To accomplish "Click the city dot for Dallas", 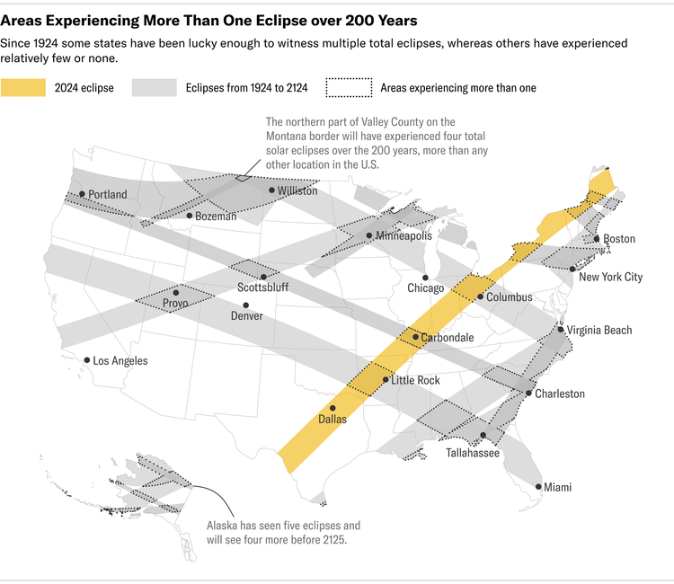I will (333, 408).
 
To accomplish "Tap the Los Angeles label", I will (120, 361).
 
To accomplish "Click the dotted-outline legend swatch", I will (348, 87).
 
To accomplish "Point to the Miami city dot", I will (539, 487).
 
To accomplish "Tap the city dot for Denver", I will (246, 305).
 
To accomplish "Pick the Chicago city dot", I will (425, 277).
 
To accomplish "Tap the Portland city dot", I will (82, 194).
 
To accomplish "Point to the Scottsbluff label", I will (264, 288).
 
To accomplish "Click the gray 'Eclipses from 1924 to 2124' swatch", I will (154, 87).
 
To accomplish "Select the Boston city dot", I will (597, 238).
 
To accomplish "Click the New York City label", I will (610, 277).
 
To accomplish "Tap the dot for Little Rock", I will (386, 380).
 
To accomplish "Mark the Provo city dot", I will (176, 292).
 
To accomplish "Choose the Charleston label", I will (560, 394).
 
